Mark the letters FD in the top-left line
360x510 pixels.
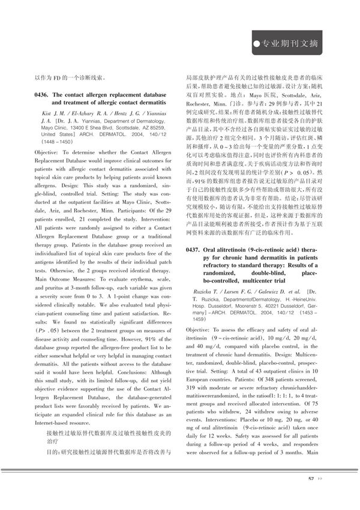[x=55, y=77]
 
